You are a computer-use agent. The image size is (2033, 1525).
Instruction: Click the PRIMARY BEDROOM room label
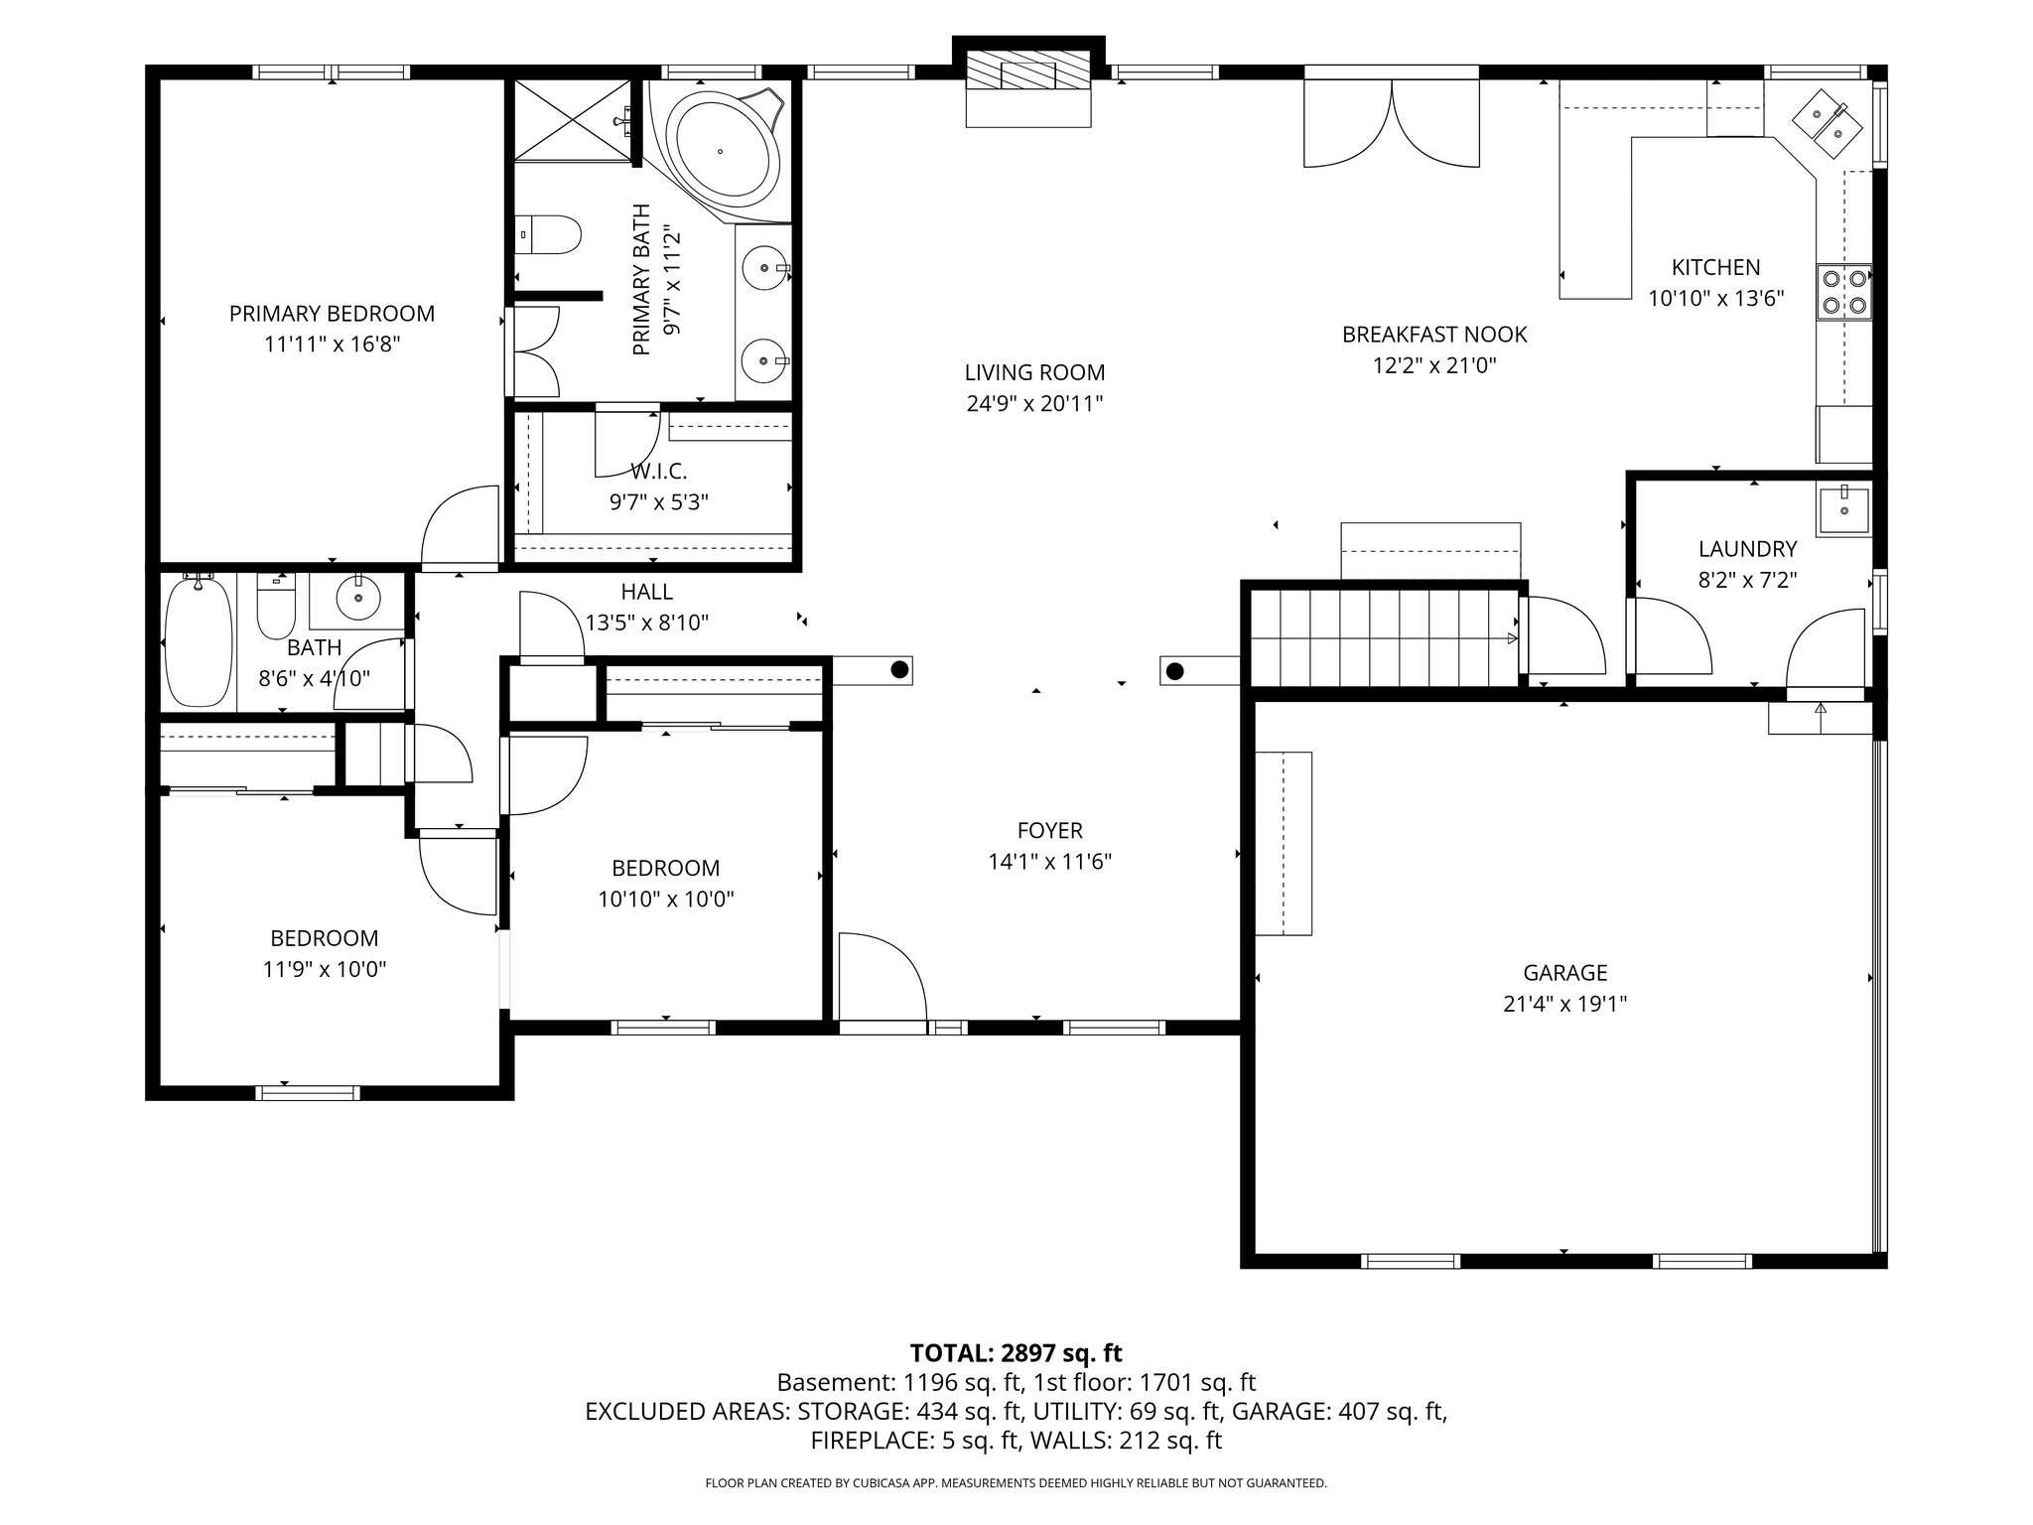[x=332, y=314]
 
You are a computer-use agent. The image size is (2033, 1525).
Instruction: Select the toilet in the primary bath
[x=551, y=235]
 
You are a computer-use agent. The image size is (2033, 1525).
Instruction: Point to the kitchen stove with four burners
[x=1844, y=293]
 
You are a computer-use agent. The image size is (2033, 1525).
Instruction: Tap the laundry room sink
[x=1843, y=511]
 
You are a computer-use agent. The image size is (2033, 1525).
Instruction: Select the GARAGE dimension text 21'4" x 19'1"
[x=1564, y=1004]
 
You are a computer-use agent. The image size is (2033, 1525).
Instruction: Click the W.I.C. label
[x=658, y=471]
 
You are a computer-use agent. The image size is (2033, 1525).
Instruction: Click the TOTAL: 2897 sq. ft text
[x=1016, y=1352]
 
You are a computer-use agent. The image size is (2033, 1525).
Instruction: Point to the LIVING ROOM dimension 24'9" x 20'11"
[x=1034, y=404]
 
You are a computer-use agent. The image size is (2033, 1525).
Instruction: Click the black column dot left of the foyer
[x=899, y=669]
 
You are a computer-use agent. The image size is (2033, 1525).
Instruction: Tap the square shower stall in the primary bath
[x=572, y=119]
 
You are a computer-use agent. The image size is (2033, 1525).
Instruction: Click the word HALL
[x=646, y=592]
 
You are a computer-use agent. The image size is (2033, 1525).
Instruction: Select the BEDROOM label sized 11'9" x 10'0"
[x=324, y=938]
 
